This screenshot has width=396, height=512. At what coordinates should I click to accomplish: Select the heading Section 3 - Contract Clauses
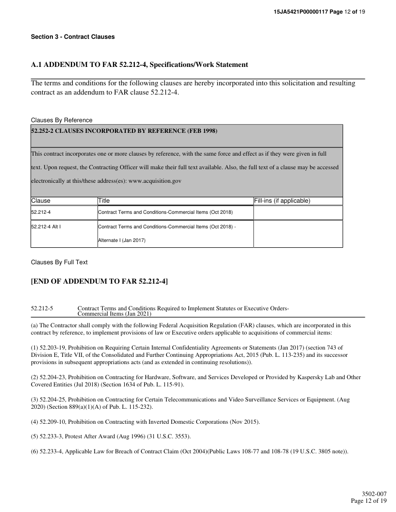[x=73, y=37]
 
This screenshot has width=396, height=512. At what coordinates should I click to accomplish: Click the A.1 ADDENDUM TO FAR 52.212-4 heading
[x=139, y=64]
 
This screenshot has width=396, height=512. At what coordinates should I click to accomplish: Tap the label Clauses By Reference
[x=62, y=120]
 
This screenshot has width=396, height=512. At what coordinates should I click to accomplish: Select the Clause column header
[x=41, y=201]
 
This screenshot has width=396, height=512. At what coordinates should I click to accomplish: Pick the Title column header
[x=104, y=201]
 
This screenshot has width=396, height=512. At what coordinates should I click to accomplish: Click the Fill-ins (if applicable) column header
[x=282, y=201]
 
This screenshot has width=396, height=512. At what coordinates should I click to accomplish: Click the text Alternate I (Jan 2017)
[x=122, y=240]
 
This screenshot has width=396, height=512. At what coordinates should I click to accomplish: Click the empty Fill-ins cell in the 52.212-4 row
[x=298, y=212]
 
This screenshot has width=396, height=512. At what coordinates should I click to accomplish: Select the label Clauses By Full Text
[x=59, y=262]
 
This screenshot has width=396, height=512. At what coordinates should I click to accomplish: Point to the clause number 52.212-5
[x=42, y=308]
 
